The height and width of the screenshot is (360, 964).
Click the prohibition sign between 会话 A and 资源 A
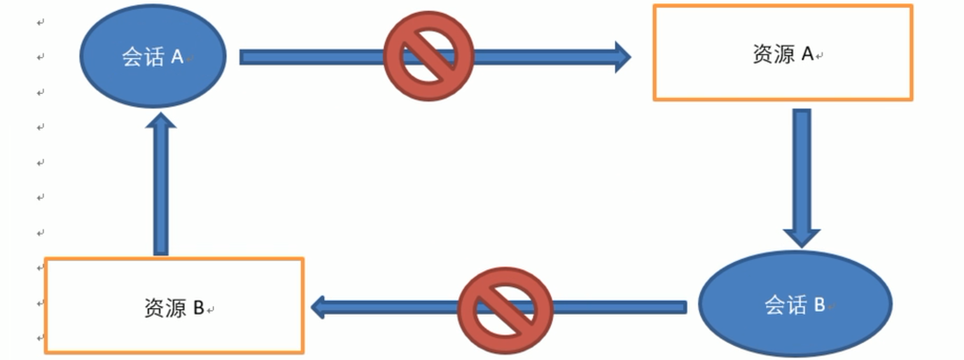[x=428, y=56]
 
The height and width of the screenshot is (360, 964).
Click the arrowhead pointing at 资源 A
[x=622, y=56]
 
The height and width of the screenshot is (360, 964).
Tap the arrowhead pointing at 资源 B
[x=319, y=306]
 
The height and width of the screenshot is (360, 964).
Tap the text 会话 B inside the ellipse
[x=795, y=305]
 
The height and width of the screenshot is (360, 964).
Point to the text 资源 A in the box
[x=783, y=54]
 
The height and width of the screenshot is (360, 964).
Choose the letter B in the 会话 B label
[x=819, y=305]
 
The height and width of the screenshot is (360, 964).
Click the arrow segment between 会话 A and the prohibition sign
[x=312, y=57]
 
